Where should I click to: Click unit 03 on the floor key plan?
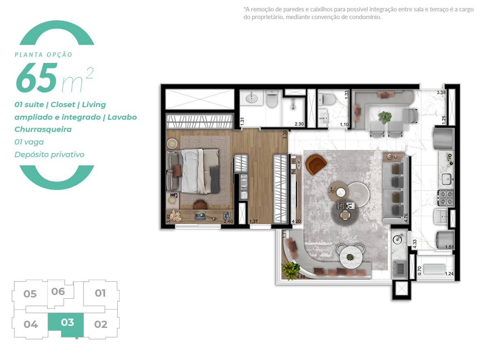coord(67,322)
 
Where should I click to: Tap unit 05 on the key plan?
coord(30,294)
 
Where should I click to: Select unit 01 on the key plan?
coord(100,293)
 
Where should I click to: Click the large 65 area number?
coord(37,78)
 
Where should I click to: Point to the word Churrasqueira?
coord(43,129)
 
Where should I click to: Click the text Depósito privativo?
coord(50,154)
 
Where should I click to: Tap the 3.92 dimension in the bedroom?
coord(168,219)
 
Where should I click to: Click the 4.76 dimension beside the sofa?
coord(406,218)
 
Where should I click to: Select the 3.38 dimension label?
coord(441,93)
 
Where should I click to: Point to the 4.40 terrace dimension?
coord(301,276)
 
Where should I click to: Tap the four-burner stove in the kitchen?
coord(446,198)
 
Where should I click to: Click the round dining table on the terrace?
coord(351,257)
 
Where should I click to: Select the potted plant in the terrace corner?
coord(291,270)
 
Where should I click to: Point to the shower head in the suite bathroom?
coord(293,104)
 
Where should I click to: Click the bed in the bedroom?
coord(193,171)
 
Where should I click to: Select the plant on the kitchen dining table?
coord(385,117)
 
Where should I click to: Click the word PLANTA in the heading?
coord(28,55)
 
